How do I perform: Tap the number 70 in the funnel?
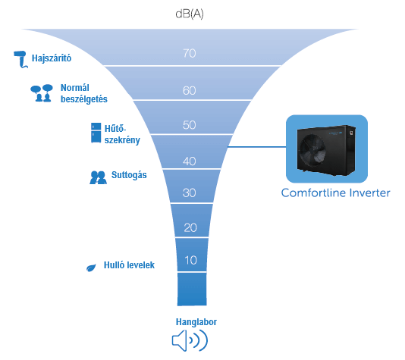click(x=190, y=53)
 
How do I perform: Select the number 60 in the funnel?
click(x=190, y=90)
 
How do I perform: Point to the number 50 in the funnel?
click(x=190, y=125)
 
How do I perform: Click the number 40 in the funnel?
click(x=190, y=161)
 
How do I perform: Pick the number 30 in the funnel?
click(x=190, y=193)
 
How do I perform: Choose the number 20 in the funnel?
click(x=190, y=227)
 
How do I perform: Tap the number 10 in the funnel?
click(x=190, y=260)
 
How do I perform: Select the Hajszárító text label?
click(x=52, y=58)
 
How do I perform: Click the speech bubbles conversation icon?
click(x=40, y=93)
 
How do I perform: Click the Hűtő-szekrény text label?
click(x=121, y=133)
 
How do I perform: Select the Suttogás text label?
click(x=129, y=175)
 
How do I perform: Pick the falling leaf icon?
click(x=91, y=267)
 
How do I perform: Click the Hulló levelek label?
click(x=129, y=265)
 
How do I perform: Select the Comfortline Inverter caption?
click(x=335, y=193)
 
